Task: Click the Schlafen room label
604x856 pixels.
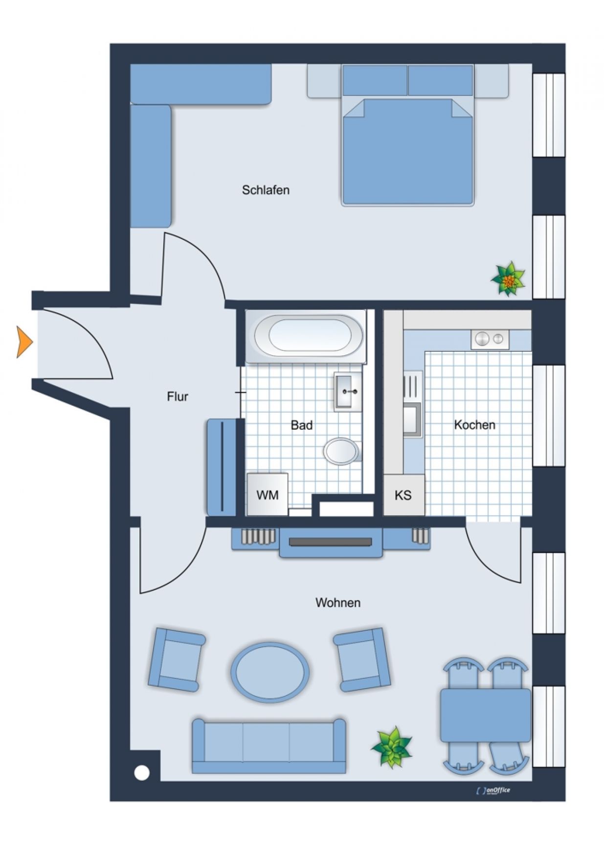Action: pyautogui.click(x=266, y=190)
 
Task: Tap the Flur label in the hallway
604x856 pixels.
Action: pyautogui.click(x=178, y=396)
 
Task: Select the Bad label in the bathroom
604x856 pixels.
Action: pyautogui.click(x=302, y=425)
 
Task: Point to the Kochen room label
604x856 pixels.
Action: pyautogui.click(x=474, y=425)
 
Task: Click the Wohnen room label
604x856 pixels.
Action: pyautogui.click(x=338, y=602)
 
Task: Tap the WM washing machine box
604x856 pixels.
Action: pyautogui.click(x=267, y=494)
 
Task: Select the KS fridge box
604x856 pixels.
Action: pyautogui.click(x=403, y=495)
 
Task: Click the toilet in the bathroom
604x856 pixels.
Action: pyautogui.click(x=342, y=451)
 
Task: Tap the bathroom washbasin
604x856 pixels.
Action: pyautogui.click(x=348, y=392)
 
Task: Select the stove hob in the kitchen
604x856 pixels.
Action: pyautogui.click(x=490, y=339)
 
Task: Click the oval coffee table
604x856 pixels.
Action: pyautogui.click(x=270, y=671)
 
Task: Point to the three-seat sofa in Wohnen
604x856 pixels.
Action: pyautogui.click(x=269, y=746)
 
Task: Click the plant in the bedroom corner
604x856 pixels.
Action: pyautogui.click(x=509, y=279)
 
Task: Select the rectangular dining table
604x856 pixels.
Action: pyautogui.click(x=485, y=715)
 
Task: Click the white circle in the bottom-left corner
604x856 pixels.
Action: pyautogui.click(x=142, y=773)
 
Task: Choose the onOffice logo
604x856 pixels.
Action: pyautogui.click(x=493, y=790)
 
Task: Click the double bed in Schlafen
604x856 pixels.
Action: pyautogui.click(x=408, y=136)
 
